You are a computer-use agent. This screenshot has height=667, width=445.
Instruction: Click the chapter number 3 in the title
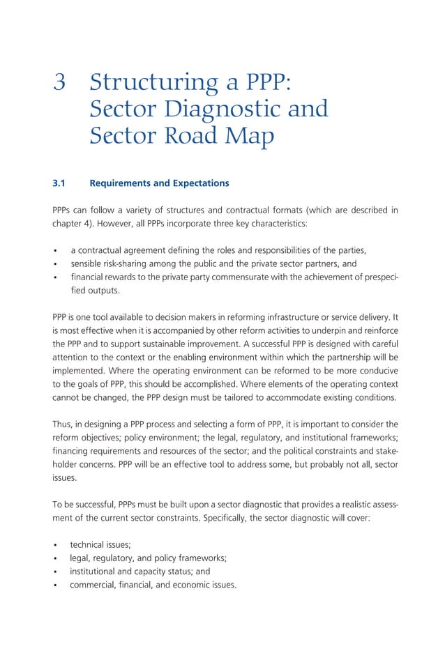[x=60, y=83]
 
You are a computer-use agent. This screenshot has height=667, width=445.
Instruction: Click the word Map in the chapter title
[x=248, y=136]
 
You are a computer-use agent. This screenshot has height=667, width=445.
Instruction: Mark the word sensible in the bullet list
[x=88, y=264]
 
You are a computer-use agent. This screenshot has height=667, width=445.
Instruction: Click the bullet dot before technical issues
[x=54, y=544]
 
